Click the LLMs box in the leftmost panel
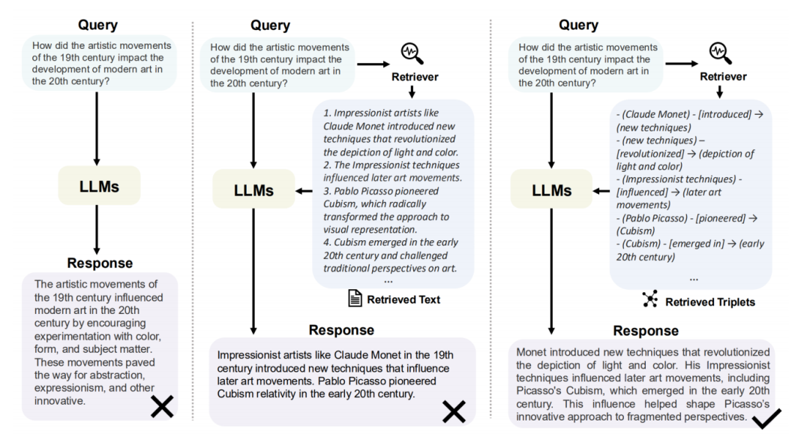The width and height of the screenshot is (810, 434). point(99,185)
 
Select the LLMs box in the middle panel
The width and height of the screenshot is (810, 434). point(253,191)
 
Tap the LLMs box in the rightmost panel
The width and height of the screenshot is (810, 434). point(552,191)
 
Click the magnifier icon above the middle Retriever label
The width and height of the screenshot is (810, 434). point(412,53)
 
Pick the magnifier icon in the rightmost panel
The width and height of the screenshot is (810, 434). point(720,53)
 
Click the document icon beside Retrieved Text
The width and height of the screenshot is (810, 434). point(355,300)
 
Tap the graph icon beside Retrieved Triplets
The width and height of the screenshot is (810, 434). point(649,301)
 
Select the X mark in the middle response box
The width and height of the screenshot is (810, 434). point(453,411)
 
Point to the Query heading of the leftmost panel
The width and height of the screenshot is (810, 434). point(97,25)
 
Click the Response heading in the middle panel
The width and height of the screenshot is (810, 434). point(341,330)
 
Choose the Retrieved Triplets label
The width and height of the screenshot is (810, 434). point(710,302)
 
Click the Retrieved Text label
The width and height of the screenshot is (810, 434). point(403,300)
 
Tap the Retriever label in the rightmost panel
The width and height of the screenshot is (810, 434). point(723,77)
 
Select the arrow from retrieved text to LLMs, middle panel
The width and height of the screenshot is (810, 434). point(304,191)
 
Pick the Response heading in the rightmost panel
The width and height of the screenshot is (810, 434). point(646,330)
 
